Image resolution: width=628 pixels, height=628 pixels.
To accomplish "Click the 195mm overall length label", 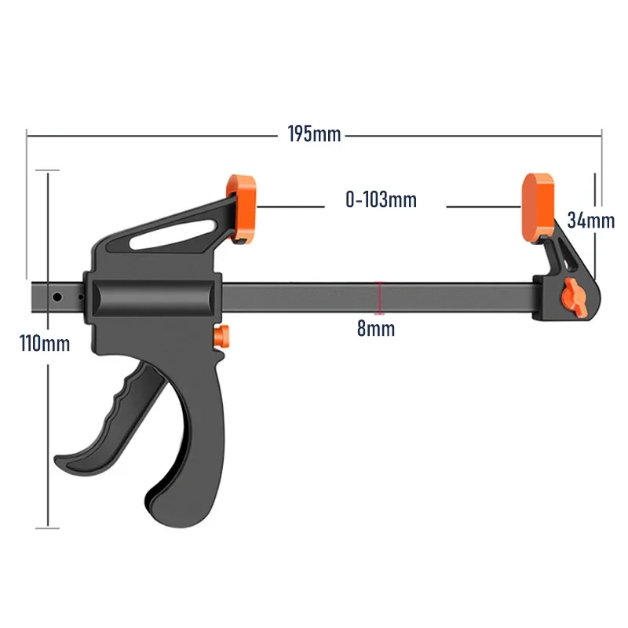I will (x=314, y=134).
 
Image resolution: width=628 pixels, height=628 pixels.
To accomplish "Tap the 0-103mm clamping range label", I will (x=381, y=200).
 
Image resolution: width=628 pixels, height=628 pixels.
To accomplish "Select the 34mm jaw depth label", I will (x=590, y=221).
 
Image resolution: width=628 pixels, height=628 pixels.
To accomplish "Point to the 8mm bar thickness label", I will (x=376, y=329).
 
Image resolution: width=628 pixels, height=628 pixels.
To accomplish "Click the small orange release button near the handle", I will (x=225, y=336).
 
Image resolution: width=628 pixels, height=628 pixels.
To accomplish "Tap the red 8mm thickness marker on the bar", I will (x=380, y=299).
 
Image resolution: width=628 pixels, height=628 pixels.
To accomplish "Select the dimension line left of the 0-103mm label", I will (x=290, y=207).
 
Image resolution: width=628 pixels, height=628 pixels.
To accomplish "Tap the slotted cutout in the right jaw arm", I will (x=564, y=253).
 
